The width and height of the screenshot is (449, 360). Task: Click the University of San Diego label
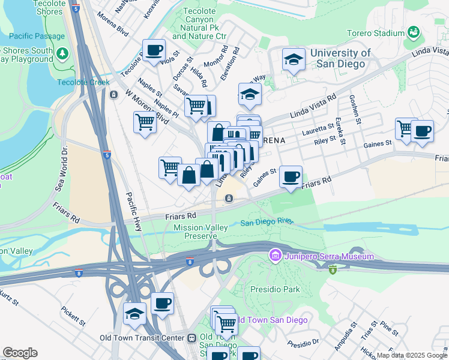coord(340,58)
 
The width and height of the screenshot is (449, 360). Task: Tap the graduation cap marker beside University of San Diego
coord(293,59)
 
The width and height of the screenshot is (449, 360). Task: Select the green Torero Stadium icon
coord(412,31)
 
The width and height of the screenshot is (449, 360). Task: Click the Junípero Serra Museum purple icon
coord(276,256)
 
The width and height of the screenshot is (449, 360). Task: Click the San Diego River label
coord(267,223)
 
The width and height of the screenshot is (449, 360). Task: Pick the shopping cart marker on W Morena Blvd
coord(145,122)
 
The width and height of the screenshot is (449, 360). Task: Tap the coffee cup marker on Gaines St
coord(291,176)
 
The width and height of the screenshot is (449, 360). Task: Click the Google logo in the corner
coord(20,353)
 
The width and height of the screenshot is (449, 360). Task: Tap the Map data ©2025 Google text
coord(412,355)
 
